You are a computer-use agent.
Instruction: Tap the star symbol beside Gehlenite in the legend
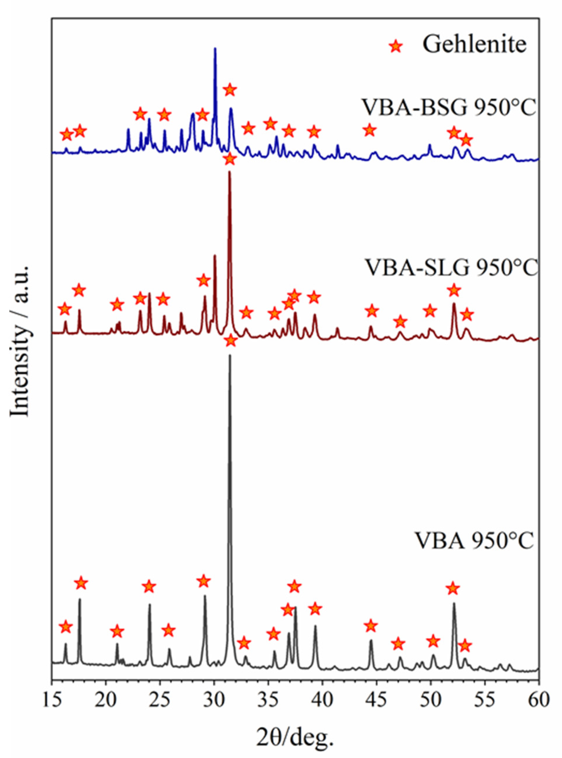[395, 46]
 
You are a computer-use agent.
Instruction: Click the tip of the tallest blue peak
[215, 48]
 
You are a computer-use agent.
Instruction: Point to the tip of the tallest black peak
[230, 355]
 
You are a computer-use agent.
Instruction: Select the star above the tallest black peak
[231, 340]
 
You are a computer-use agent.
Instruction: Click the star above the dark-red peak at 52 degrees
[454, 291]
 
